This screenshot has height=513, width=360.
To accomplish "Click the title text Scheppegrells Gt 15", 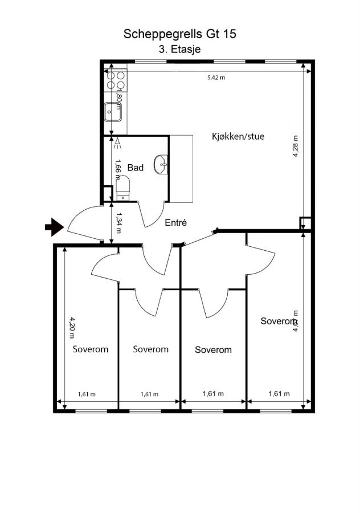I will [179, 34].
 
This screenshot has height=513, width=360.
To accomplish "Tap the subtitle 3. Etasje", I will [179, 50].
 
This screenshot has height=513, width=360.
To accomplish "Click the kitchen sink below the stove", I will [113, 112].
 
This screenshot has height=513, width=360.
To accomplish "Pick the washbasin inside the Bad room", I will [162, 164].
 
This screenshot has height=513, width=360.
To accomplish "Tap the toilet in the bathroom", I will [123, 188].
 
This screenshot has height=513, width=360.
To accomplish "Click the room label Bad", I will [135, 168].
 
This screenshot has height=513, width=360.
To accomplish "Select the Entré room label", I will [176, 223].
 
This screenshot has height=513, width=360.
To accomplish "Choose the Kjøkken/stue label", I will [238, 137].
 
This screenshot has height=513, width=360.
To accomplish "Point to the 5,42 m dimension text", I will [216, 77].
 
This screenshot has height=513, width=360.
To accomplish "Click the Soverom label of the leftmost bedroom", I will [90, 349].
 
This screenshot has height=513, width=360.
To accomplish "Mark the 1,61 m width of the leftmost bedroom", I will [86, 394].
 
